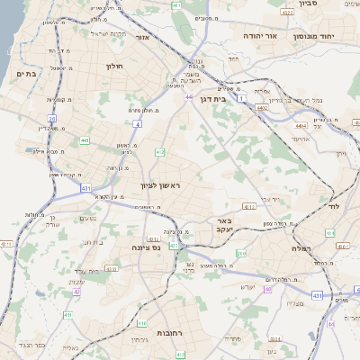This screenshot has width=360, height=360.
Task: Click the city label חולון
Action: coord(113,66)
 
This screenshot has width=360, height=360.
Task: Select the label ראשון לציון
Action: coord(160,185)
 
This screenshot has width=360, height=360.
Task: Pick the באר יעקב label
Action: coord(225,224)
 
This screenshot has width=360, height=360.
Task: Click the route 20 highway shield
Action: coord(52,118)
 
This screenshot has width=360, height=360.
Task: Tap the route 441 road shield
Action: coord(84,140)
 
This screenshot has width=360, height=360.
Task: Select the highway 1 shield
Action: coord(241,98)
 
